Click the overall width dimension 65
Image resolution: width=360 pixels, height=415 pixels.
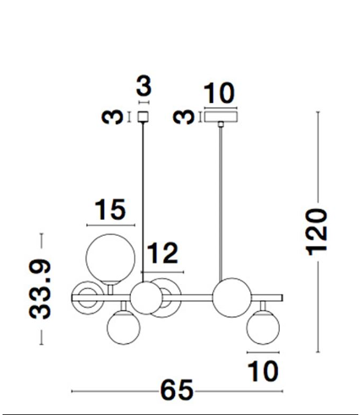(177, 390)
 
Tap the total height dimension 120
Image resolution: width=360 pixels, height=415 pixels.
(318, 232)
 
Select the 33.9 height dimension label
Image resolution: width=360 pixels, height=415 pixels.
(41, 289)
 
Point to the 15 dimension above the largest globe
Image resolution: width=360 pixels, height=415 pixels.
(110, 209)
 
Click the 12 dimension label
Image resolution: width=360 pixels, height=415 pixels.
(162, 253)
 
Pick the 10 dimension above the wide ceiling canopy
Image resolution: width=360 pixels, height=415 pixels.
(219, 92)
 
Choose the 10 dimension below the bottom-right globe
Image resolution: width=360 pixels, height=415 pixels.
(263, 371)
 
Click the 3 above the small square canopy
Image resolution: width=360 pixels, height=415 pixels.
(144, 85)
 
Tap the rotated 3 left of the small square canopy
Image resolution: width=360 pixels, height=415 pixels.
(112, 117)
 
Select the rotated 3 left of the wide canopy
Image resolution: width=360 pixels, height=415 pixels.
(184, 117)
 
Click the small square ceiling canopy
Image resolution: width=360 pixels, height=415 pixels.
(143, 117)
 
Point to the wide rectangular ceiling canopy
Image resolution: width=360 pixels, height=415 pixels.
(221, 117)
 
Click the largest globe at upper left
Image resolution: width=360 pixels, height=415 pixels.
(111, 259)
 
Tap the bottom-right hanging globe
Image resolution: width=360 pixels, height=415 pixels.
(263, 327)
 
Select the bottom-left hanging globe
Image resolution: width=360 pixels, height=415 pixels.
(123, 327)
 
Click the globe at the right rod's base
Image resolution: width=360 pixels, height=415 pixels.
(232, 298)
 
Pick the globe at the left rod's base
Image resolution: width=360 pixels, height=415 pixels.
(146, 298)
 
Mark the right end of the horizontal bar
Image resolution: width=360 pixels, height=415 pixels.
(282, 298)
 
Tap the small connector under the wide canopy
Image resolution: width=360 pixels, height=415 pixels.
(221, 124)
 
